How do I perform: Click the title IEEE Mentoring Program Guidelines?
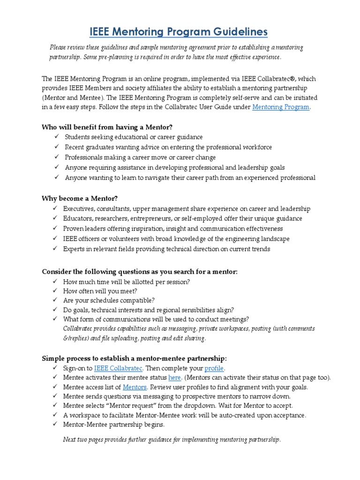pyautogui.click(x=179, y=31)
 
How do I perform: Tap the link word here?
pyautogui.click(x=174, y=377)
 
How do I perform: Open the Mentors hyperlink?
pyautogui.click(x=135, y=387)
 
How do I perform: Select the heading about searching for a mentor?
pyautogui.click(x=140, y=271)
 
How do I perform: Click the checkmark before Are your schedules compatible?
pyautogui.click(x=55, y=300)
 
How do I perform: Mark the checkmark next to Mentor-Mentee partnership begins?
pyautogui.click(x=55, y=425)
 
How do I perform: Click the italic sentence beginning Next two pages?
pyautogui.click(x=172, y=440)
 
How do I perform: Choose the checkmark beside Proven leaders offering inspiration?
pyautogui.click(x=55, y=229)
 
